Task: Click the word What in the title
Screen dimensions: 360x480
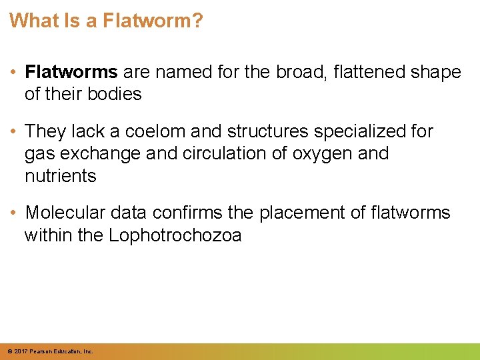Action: coord(32,21)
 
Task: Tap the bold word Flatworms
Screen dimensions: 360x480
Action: coord(71,72)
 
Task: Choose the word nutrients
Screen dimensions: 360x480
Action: coord(60,176)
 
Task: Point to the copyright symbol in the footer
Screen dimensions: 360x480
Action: coord(9,351)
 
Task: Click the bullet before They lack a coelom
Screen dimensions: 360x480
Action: coord(15,132)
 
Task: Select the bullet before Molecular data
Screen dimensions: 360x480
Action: coord(15,213)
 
